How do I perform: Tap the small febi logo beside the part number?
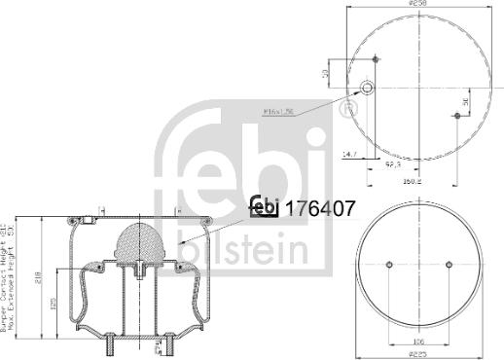point(264,206)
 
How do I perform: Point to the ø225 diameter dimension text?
point(418,354)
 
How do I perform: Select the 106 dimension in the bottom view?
point(417,341)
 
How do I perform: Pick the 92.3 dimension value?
point(394,166)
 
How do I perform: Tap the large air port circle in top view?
point(369,89)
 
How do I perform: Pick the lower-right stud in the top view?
point(456,116)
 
